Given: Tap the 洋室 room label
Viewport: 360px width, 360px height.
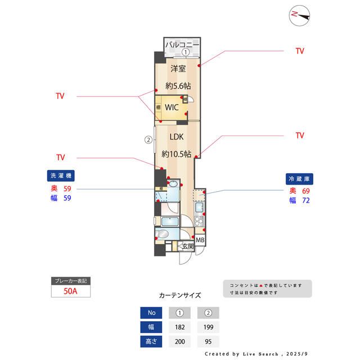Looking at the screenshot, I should tap(178, 68).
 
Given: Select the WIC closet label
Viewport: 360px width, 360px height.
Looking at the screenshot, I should tap(172, 107).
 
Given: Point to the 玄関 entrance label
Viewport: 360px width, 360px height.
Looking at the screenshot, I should tap(187, 246).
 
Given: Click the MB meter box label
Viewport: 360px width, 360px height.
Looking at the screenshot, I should tap(200, 241).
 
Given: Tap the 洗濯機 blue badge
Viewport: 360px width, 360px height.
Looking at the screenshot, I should tap(60, 175).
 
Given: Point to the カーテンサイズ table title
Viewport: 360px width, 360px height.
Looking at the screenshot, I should tap(180, 295).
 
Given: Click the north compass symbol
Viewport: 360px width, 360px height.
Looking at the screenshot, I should tap(300, 15).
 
